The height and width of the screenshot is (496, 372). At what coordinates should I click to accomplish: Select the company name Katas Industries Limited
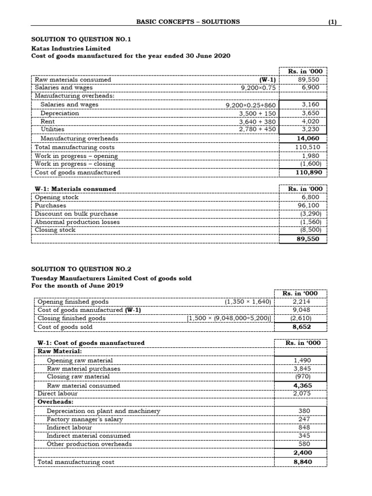[x=71, y=48]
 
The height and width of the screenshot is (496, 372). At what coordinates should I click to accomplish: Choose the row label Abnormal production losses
[x=77, y=222]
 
